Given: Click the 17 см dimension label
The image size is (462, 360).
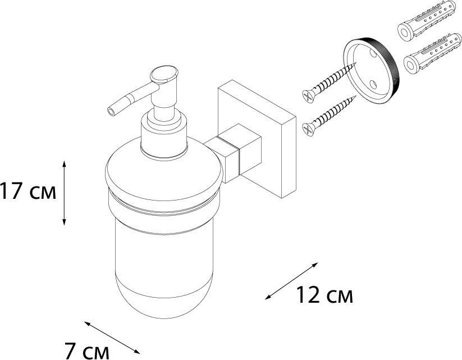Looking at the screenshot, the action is click(28, 191).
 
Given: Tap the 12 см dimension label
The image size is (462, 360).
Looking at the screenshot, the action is click(324, 295).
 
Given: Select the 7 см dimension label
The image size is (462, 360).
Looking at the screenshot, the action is click(86, 351).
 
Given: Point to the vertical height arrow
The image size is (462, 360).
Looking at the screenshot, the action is click(64, 193).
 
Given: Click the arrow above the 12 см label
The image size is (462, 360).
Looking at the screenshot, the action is click(291, 281).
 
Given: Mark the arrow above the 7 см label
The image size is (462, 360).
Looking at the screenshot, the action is click(112, 338).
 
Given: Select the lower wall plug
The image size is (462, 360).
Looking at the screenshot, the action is click(432, 53).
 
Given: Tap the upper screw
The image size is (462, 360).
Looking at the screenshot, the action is click(330, 83).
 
